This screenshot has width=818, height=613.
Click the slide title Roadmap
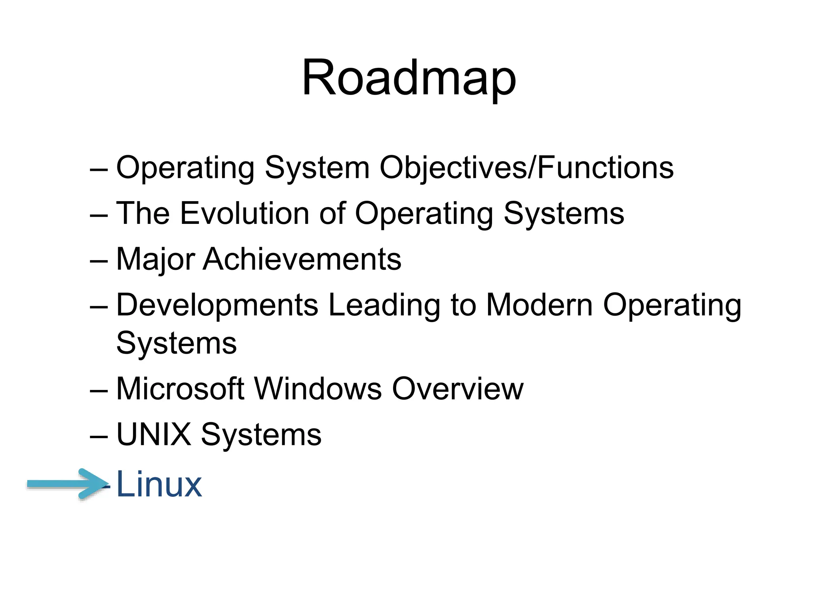click(409, 78)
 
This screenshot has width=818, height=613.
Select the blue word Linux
click(159, 484)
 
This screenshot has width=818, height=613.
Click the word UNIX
click(154, 434)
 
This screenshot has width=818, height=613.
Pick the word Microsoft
click(180, 389)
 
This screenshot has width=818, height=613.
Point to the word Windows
click(318, 389)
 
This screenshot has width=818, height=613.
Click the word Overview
click(457, 389)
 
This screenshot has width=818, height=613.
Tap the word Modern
click(539, 305)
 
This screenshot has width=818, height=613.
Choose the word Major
click(156, 260)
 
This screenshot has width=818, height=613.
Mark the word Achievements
click(302, 259)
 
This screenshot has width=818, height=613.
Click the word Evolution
click(245, 214)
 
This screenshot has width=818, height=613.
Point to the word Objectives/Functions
click(526, 168)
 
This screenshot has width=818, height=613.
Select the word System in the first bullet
click(317, 168)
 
